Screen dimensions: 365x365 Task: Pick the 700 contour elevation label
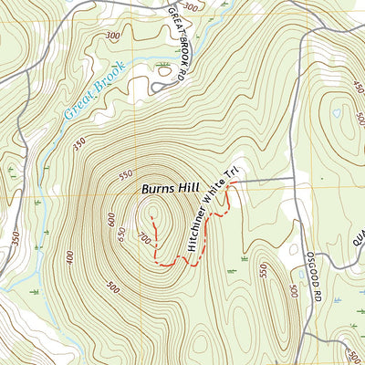click(142, 239)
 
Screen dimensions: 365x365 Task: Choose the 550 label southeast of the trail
click(263, 271)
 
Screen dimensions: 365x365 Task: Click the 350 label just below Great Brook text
click(79, 144)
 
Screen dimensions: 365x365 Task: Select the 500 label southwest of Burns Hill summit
click(112, 288)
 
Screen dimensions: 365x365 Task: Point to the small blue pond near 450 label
click(337, 113)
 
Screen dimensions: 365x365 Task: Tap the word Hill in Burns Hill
click(188, 190)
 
